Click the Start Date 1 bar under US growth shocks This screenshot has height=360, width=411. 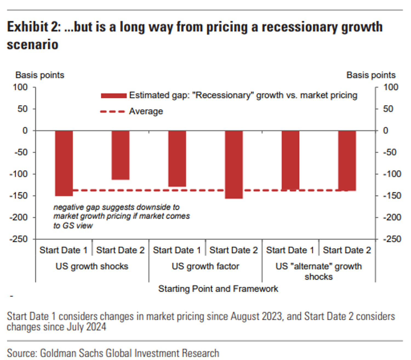click(x=64, y=163)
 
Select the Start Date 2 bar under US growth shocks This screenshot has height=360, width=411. click(x=121, y=155)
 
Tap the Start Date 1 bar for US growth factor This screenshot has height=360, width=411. click(x=177, y=158)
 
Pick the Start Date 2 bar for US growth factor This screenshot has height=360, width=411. click(x=234, y=164)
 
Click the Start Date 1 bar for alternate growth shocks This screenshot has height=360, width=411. click(x=290, y=160)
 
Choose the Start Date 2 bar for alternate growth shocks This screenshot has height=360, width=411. click(x=347, y=160)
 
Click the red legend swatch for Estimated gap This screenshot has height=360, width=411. click(x=114, y=95)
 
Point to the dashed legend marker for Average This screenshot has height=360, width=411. click(x=112, y=111)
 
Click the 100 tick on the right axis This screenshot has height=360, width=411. click(x=391, y=87)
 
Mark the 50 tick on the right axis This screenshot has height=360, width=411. click(x=388, y=109)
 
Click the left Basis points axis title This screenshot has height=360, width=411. click(x=40, y=75)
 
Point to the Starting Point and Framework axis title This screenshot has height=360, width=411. click(x=218, y=289)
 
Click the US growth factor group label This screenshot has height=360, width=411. click(x=205, y=266)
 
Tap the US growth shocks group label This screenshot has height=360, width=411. click(x=92, y=266)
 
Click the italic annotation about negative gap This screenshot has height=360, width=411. click(x=121, y=216)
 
